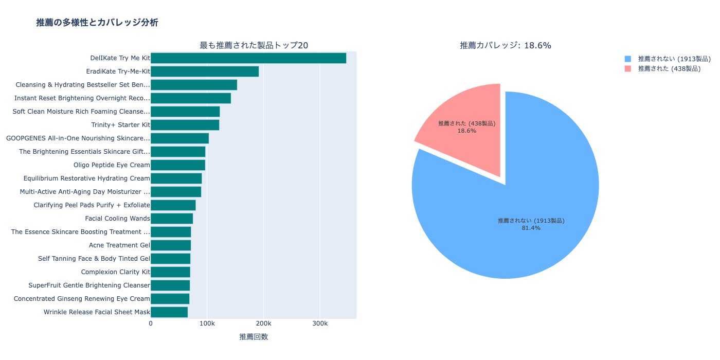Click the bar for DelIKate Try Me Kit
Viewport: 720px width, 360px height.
248,58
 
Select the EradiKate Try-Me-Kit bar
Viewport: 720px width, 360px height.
204,71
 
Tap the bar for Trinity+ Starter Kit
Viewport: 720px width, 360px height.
185,125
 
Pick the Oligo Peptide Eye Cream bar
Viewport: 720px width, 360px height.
177,165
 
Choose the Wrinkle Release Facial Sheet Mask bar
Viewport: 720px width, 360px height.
169,312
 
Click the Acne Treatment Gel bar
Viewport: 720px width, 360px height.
170,245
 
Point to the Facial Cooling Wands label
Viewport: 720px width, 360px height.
117,219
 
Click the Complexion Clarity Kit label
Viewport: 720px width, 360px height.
115,272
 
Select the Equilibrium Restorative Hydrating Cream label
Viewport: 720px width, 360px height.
86,178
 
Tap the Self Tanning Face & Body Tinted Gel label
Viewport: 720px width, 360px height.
94,259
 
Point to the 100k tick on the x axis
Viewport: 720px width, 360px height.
207,323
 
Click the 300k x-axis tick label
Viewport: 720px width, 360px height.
320,323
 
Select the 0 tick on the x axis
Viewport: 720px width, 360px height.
151,323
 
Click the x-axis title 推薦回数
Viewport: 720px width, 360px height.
254,337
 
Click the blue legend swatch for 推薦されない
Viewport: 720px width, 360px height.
627,59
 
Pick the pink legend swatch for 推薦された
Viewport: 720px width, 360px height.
627,68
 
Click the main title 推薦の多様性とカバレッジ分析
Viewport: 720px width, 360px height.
97,23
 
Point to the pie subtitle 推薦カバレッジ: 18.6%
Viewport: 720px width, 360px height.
505,45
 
